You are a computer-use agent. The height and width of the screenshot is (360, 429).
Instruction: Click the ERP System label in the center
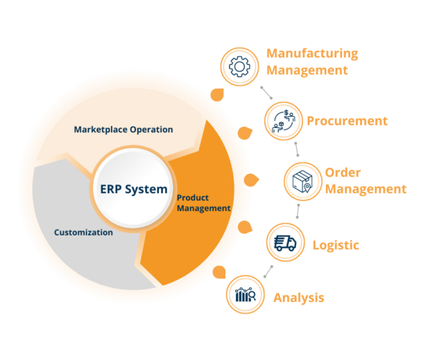coord(129,190)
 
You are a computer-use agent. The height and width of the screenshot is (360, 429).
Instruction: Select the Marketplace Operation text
coord(124,130)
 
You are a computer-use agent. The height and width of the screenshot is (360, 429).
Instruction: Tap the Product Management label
coord(203,203)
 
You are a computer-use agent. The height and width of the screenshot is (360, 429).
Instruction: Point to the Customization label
coord(84,233)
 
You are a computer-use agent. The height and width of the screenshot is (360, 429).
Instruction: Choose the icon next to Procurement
coord(280,121)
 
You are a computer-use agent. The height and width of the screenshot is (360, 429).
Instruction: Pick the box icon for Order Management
coord(300,182)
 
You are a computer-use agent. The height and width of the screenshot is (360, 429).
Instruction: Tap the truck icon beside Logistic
coord(285,243)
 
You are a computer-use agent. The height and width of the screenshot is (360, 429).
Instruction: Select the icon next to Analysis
coord(245,295)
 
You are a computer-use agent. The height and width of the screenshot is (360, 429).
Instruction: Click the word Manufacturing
coord(312,54)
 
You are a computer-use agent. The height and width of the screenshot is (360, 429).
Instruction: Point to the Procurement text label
coord(347,121)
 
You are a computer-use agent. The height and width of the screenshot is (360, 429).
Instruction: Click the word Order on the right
coord(343,173)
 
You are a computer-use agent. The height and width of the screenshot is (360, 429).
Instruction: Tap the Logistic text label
coord(335,245)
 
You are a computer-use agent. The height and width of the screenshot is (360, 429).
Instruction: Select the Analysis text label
coord(299,297)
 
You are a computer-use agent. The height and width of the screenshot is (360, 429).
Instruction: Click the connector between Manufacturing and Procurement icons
coord(265,92)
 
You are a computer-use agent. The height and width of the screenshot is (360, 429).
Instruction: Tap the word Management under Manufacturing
coord(307,70)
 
